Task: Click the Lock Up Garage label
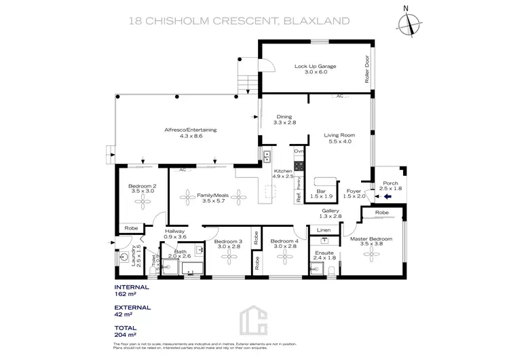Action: click(316, 67)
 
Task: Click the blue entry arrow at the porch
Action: click(388, 197)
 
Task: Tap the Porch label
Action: click(390, 183)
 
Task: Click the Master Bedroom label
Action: click(371, 239)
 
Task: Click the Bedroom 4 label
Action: click(284, 241)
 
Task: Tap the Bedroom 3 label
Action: click(228, 241)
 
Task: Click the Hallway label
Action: click(175, 232)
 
